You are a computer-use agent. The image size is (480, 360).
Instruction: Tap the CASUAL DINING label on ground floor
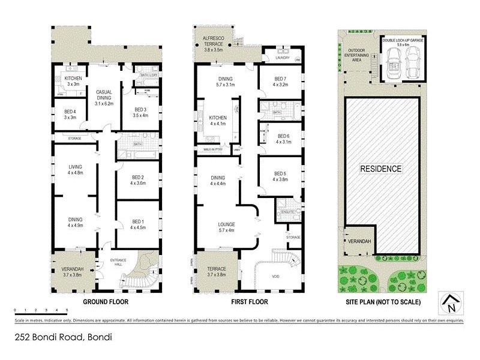[108, 95]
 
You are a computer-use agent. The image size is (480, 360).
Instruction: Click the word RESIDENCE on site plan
[380, 169]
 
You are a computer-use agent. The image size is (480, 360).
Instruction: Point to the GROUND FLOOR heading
[103, 302]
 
